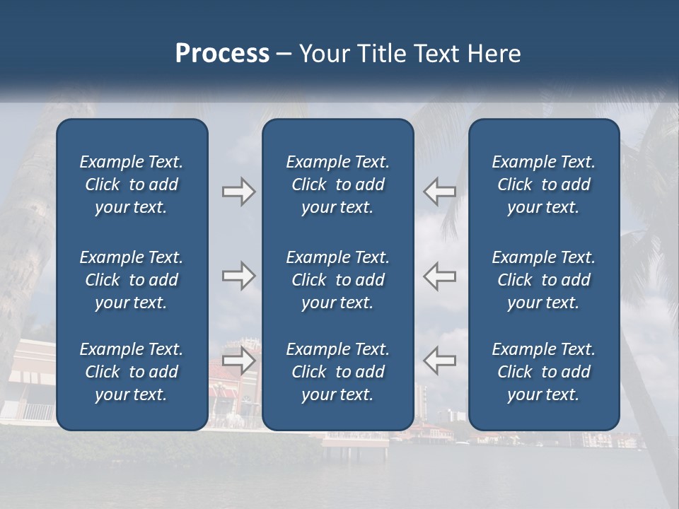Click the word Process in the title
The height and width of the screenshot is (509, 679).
(x=222, y=54)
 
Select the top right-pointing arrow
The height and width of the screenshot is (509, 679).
(x=238, y=191)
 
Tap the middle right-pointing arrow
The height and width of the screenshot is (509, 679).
(x=238, y=276)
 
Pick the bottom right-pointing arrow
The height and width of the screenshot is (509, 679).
(x=238, y=361)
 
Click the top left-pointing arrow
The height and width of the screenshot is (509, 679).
(x=439, y=191)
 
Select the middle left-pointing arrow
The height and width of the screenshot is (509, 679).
(x=439, y=276)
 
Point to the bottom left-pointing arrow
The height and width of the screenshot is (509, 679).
(x=439, y=361)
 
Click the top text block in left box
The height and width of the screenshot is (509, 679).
(x=132, y=185)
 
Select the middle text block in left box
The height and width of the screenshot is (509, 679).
(x=132, y=280)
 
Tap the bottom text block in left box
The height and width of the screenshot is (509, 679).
(x=132, y=372)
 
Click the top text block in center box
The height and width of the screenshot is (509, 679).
(x=337, y=185)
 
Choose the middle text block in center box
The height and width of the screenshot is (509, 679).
(x=337, y=280)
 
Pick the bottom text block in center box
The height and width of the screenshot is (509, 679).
(x=337, y=372)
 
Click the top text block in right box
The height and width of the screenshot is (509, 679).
(x=544, y=185)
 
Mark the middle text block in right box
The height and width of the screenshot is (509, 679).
(x=544, y=280)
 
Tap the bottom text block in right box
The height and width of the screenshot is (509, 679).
(x=544, y=372)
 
